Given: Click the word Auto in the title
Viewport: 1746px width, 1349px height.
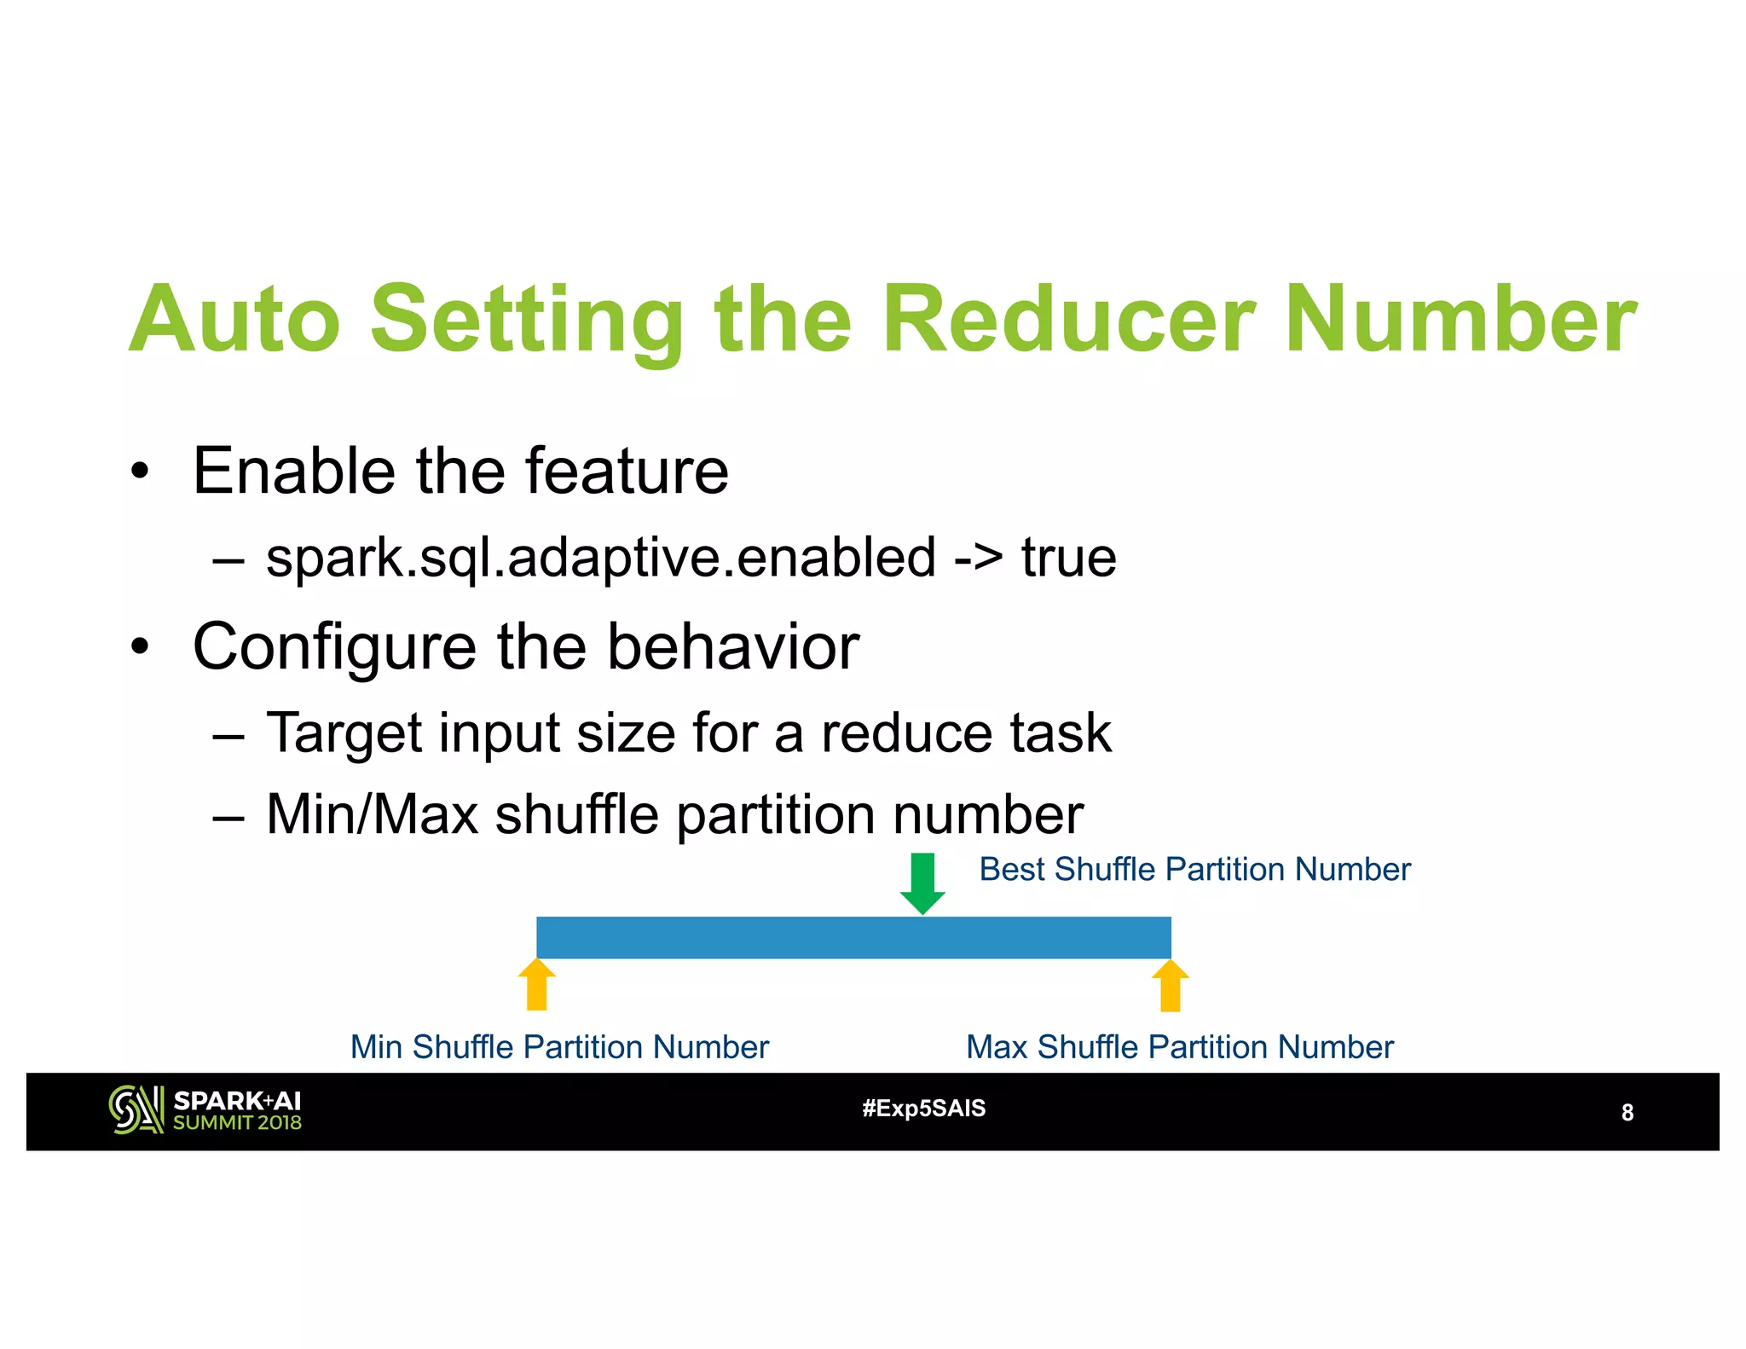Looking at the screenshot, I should click(x=234, y=320).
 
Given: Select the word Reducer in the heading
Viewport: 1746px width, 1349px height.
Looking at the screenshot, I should click(x=1069, y=320).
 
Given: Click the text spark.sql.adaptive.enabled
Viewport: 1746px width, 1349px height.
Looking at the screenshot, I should click(x=600, y=559).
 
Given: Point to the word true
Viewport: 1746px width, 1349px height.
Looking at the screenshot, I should click(x=1068, y=559).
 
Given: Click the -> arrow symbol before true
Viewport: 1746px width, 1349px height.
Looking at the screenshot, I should click(x=978, y=559).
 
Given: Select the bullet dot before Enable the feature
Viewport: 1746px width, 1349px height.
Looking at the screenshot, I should click(x=140, y=472).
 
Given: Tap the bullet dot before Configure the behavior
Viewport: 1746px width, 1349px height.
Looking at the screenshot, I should click(x=140, y=647).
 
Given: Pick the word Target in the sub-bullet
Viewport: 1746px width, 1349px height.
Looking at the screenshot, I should click(x=344, y=732).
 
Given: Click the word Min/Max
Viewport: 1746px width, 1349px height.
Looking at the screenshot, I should click(x=372, y=814).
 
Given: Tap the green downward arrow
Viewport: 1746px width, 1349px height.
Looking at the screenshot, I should click(x=922, y=883).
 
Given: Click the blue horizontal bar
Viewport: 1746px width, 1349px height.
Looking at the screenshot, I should click(x=853, y=937).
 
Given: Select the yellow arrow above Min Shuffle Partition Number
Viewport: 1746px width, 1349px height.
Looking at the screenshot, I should click(x=537, y=984).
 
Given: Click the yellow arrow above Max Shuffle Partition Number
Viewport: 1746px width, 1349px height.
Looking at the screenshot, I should click(x=1171, y=985).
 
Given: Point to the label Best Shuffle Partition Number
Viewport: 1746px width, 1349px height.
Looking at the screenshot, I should click(x=1194, y=870).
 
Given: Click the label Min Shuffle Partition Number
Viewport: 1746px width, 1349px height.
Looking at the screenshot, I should click(x=559, y=1047).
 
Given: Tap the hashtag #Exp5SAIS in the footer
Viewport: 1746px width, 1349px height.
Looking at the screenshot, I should click(x=923, y=1109).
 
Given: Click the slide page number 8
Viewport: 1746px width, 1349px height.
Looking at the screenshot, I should click(x=1627, y=1113).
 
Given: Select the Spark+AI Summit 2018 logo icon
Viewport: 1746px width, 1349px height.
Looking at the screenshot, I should click(x=136, y=1109).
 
